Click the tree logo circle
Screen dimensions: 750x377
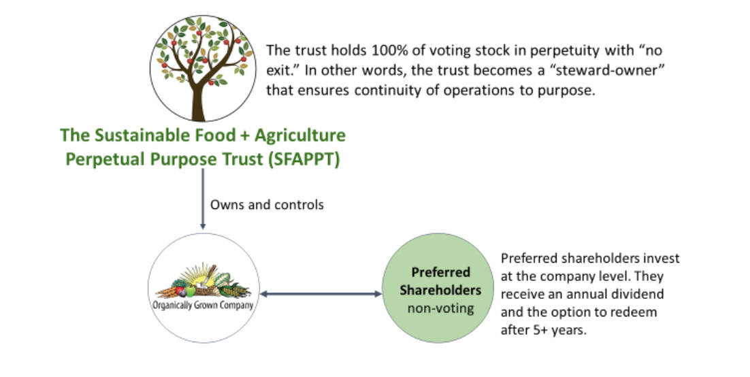[x=201, y=67]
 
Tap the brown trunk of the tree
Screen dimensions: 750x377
[x=197, y=102]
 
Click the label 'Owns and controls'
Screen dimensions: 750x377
[x=267, y=204]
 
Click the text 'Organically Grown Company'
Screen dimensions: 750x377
[x=201, y=305]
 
